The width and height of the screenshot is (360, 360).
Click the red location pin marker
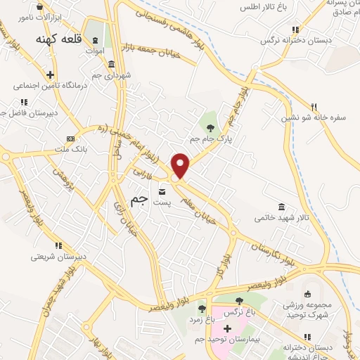(181, 165)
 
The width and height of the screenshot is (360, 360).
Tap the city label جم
(141, 199)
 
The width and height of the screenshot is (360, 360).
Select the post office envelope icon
(163, 191)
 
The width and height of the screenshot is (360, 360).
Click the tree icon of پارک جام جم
(210, 127)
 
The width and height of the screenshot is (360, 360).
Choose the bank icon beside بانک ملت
(70, 138)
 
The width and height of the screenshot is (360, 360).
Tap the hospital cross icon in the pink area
(226, 328)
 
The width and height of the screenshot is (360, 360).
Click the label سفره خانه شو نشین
(316, 118)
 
